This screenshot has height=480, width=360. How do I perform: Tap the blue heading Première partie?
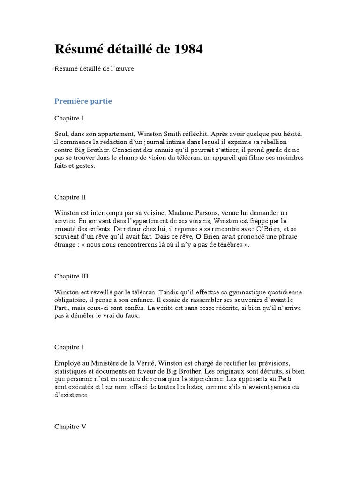(x=83, y=101)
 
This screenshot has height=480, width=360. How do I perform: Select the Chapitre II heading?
(x=70, y=197)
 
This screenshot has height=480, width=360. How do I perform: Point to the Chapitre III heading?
(x=71, y=276)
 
